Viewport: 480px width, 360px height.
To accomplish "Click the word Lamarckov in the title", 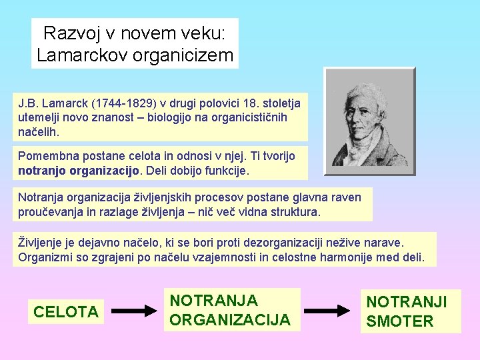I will click(x=81, y=55).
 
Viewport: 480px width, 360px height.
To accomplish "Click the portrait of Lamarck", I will click(x=369, y=121).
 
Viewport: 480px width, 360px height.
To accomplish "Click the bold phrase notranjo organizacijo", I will click(x=79, y=171).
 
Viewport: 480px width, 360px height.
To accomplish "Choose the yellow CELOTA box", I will click(x=66, y=311).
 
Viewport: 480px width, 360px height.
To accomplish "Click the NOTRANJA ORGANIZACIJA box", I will click(x=230, y=310).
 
